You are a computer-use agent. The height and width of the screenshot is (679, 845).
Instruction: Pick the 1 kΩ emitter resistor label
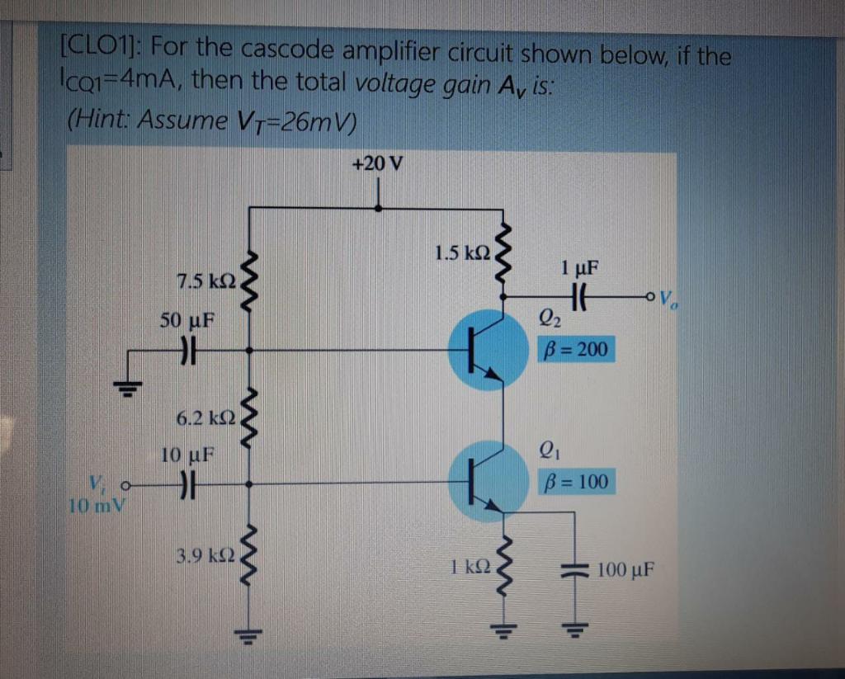471,568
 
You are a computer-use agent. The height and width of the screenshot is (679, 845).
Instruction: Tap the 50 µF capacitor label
186,319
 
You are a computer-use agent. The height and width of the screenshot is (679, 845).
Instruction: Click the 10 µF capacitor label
187,454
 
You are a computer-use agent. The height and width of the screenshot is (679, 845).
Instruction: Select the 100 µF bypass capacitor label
625,569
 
